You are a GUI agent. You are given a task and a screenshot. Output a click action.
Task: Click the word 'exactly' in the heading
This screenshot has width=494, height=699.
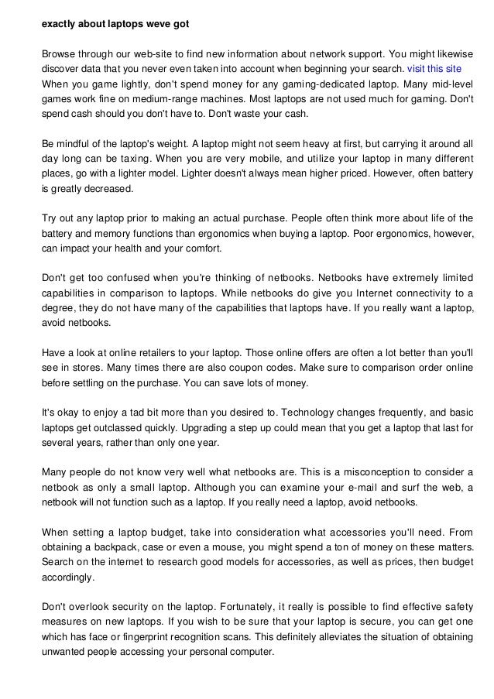[59, 24]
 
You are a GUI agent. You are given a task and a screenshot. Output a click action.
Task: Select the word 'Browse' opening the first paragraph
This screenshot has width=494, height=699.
[59, 53]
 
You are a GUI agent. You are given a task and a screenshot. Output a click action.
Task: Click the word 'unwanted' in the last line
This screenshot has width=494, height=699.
[63, 651]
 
